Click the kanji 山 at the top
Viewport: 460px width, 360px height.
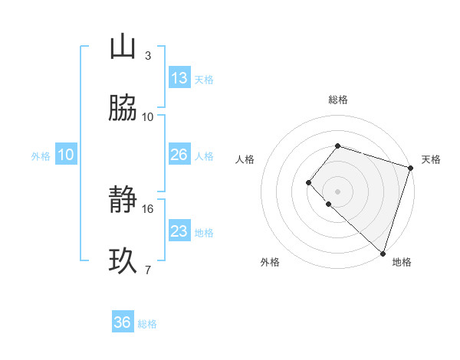coord(123,47)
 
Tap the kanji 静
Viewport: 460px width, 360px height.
coord(123,201)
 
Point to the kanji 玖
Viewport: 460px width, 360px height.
coord(123,261)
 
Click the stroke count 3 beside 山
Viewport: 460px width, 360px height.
coord(147,55)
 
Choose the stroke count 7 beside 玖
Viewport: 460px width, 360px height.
coord(147,270)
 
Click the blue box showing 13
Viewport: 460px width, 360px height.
coord(179,78)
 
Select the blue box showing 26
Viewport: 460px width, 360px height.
coord(179,155)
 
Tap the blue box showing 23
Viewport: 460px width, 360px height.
coord(179,231)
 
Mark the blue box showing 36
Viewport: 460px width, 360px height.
coord(123,322)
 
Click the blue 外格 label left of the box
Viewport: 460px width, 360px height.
coord(41,155)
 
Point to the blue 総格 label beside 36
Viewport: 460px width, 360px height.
coord(147,324)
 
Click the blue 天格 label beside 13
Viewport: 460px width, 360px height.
coord(204,80)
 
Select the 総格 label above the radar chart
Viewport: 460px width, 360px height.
coord(338,100)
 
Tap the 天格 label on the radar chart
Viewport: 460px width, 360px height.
coord(431,159)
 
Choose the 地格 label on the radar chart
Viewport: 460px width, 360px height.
coord(402,262)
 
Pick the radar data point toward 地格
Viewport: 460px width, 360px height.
coord(383,253)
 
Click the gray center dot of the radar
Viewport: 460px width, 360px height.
coord(337,191)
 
